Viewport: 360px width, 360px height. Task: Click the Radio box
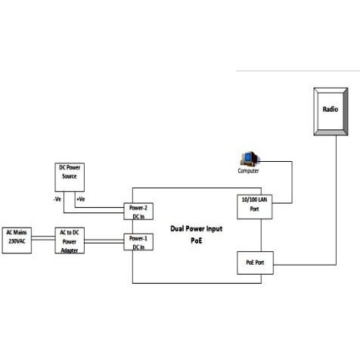point(331,111)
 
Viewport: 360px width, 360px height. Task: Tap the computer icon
point(250,159)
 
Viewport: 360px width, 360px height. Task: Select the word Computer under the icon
point(248,171)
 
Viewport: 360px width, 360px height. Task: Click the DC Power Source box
point(70,177)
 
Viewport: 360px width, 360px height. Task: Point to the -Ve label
point(57,199)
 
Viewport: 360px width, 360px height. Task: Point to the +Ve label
point(81,199)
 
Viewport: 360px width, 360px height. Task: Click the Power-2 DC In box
point(138,211)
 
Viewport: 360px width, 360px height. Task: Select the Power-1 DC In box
point(138,242)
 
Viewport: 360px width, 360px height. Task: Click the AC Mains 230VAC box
point(17,241)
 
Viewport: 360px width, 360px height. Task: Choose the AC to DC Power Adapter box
point(70,241)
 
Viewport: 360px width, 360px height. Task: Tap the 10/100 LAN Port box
point(255,206)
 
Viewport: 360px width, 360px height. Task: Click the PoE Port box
point(255,262)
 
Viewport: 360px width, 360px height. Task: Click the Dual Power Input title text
point(197,228)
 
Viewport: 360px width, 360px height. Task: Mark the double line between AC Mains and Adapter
point(43,238)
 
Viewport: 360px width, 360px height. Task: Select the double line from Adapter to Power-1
point(104,241)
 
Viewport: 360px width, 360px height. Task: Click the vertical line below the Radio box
point(336,200)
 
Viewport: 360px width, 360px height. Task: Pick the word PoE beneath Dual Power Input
point(197,241)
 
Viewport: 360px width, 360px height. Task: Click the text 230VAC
point(17,241)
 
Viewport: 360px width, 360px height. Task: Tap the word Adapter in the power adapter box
point(70,250)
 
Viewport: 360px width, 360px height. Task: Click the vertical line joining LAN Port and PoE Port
point(261,235)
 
